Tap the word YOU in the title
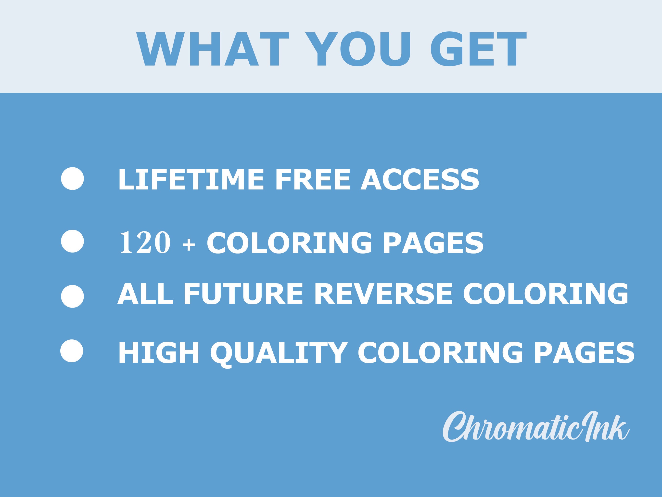[358, 49]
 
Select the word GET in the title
[478, 49]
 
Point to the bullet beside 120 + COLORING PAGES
[72, 241]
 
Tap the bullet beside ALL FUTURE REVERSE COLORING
[72, 296]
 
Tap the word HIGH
[159, 353]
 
